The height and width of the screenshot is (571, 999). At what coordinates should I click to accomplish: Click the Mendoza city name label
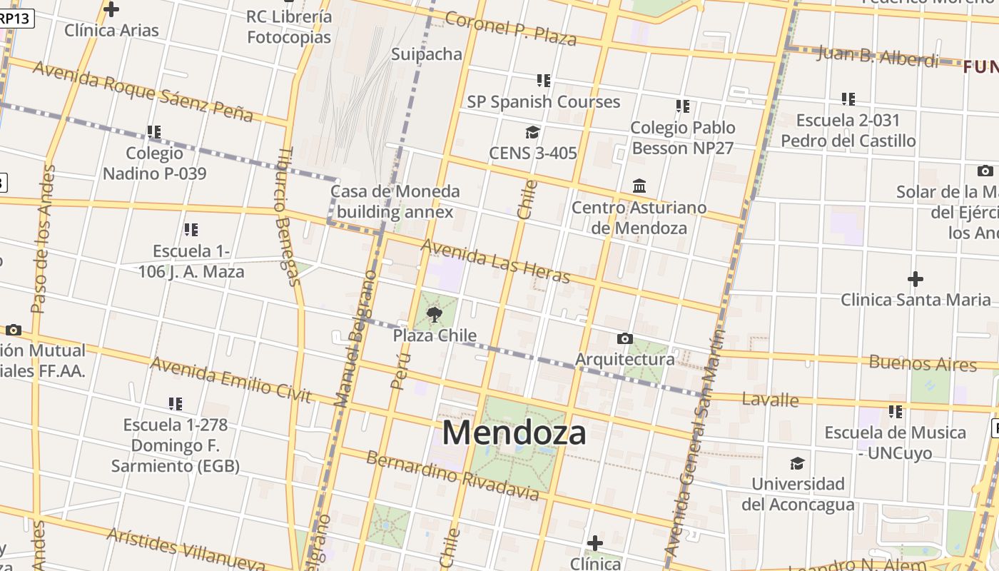tap(514, 433)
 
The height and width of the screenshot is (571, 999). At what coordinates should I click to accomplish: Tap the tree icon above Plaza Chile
tap(434, 314)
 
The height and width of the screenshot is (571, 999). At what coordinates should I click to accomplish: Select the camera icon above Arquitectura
tap(625, 338)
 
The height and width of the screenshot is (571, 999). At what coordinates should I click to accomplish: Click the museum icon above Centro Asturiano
tap(639, 186)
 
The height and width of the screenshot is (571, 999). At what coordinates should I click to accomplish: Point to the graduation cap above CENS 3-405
tap(532, 132)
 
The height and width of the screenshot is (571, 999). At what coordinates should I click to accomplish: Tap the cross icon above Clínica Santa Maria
tap(916, 278)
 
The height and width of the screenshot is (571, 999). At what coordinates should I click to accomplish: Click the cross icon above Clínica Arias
tap(111, 9)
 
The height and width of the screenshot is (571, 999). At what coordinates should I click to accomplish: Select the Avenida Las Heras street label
tap(495, 261)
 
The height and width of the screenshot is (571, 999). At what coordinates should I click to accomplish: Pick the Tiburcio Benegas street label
tap(288, 216)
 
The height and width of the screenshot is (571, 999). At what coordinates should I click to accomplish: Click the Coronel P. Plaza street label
tap(511, 28)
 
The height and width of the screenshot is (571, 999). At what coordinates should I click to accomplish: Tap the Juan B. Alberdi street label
tap(878, 56)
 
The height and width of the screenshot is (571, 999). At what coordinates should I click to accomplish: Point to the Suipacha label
tap(427, 54)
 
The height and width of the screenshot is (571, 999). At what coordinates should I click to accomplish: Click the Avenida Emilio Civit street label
tap(231, 380)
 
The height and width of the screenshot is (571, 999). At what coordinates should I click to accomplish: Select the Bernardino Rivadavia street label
tap(452, 475)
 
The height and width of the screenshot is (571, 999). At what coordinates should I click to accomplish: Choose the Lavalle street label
tap(770, 399)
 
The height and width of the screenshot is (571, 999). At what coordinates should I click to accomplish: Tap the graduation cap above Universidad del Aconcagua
tap(797, 463)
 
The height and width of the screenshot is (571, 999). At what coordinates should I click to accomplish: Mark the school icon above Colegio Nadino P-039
tap(154, 132)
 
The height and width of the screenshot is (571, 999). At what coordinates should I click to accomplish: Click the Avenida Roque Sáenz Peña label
tap(143, 91)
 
